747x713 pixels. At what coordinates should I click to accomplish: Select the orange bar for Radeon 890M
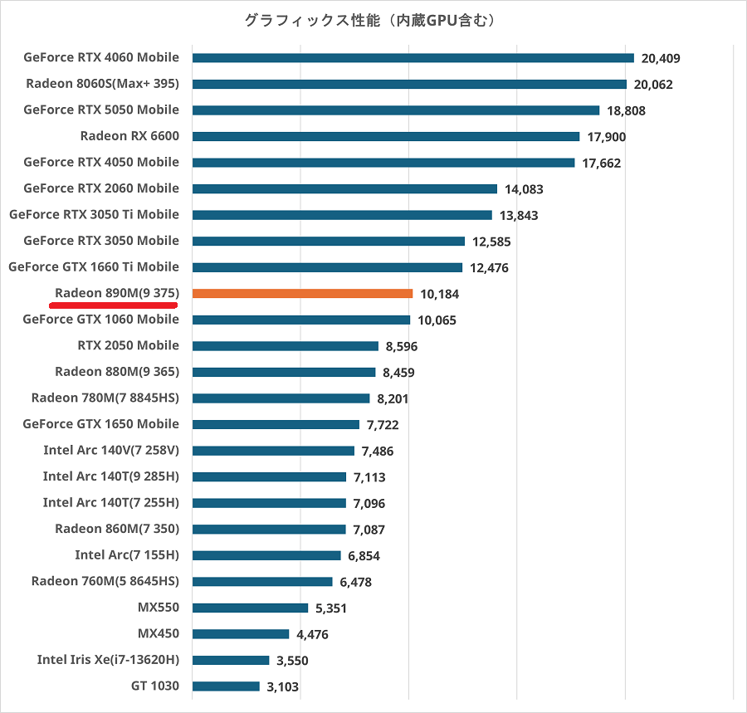302,293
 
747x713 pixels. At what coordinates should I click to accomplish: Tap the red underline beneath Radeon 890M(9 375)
114,305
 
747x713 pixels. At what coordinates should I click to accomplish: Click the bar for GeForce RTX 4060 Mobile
413,58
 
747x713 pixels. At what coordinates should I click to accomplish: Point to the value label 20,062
653,85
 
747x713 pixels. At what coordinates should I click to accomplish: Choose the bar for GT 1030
226,686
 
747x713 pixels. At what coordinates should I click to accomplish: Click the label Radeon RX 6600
129,136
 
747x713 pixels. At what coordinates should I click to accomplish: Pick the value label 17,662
602,164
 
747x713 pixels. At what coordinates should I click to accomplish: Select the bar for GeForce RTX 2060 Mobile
344,188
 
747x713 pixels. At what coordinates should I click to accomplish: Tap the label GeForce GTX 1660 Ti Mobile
94,266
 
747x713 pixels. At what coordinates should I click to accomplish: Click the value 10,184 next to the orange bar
440,294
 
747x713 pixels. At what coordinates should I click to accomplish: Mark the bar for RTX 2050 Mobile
285,346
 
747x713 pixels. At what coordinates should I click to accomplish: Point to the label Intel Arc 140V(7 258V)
111,451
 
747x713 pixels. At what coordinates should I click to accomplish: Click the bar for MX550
250,608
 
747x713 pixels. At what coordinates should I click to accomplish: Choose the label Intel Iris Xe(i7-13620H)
108,660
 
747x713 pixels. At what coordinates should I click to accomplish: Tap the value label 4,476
313,635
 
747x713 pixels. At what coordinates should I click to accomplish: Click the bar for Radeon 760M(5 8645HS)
262,582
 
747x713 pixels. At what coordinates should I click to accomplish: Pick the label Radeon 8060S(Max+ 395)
103,84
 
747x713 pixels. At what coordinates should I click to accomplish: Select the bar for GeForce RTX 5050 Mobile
396,110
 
